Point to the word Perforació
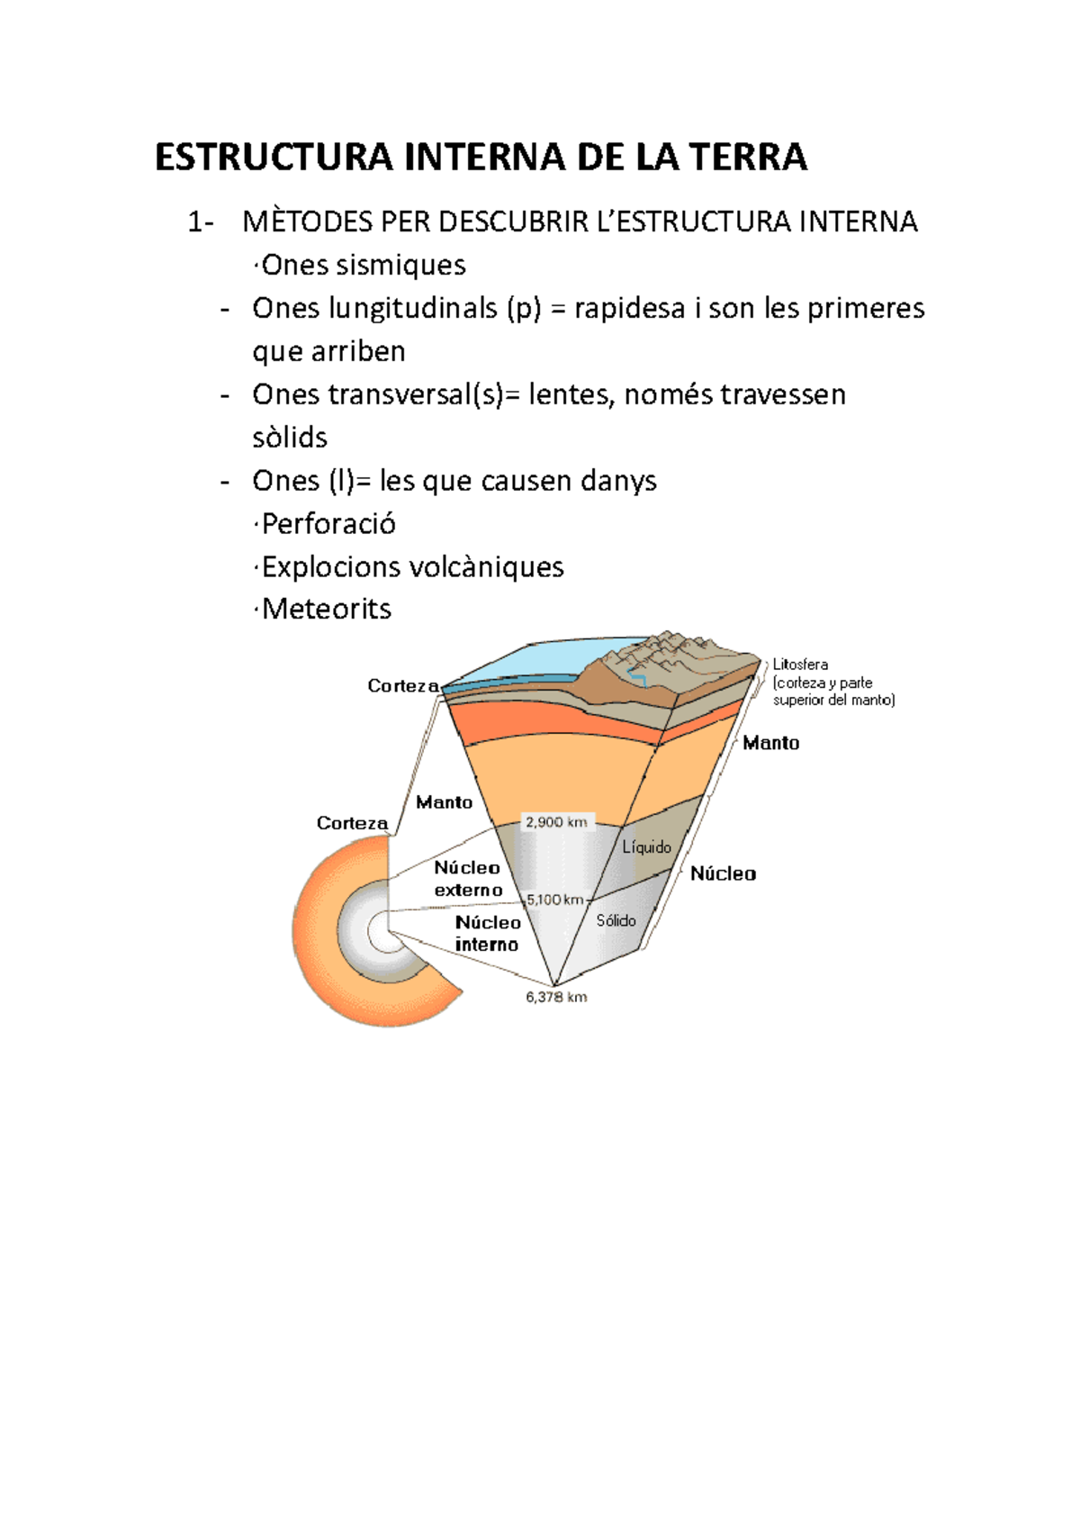pos(328,524)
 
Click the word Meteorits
pos(327,610)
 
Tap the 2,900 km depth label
pos(556,822)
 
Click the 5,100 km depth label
pos(555,900)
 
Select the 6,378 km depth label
pos(556,997)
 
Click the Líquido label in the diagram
pos(646,847)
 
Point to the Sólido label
pos(616,920)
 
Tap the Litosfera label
pos(800,665)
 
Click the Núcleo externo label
pos(468,879)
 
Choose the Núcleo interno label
pos(488,934)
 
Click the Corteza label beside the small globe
pos(352,823)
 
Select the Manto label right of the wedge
pos(770,743)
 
